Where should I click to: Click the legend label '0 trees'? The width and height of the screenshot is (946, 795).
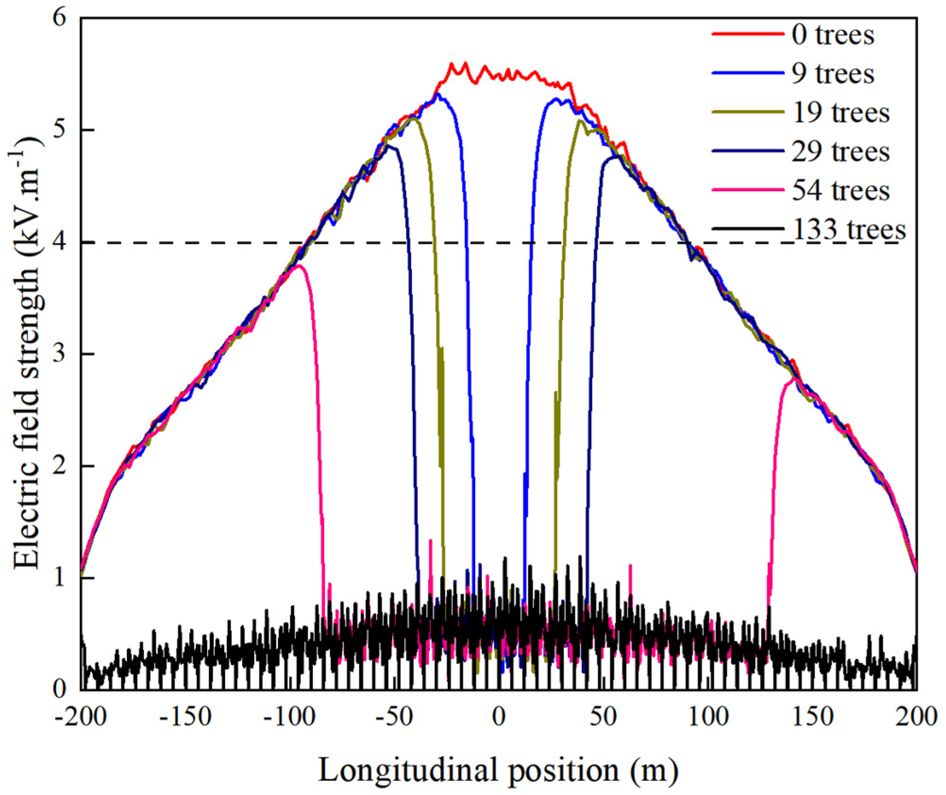[833, 35]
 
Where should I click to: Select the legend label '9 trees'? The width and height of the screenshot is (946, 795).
[833, 74]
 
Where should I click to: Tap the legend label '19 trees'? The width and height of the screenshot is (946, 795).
[840, 113]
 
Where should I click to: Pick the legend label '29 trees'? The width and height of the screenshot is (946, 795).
[840, 152]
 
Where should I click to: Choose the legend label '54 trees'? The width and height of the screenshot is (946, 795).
[840, 191]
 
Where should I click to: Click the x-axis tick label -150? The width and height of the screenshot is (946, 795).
[185, 718]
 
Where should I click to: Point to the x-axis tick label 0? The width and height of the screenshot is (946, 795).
[499, 718]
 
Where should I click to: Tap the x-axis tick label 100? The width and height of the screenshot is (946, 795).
[708, 718]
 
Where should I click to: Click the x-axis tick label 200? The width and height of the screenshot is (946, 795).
[916, 718]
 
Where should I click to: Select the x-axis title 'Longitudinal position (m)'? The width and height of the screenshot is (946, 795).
[499, 770]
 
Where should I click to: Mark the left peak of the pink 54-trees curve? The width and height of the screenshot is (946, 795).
[298, 266]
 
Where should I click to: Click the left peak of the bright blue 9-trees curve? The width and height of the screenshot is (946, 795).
[438, 94]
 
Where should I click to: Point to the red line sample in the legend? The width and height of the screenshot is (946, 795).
[748, 34]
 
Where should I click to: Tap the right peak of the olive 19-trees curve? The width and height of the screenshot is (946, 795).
[579, 121]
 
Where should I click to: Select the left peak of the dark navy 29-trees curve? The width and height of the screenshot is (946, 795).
[389, 146]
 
